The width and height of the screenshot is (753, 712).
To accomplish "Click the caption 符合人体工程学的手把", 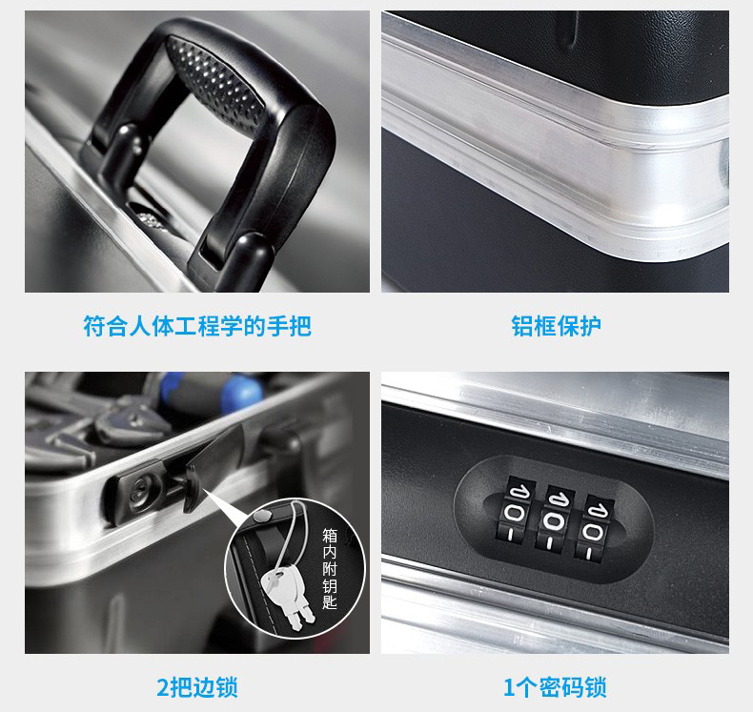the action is point(197,327).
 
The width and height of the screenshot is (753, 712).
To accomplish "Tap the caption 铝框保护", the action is point(556,327).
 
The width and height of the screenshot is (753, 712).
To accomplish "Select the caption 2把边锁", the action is point(197,687).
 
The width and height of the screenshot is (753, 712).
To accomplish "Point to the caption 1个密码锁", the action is point(555,687).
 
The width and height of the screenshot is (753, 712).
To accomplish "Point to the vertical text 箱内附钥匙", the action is point(330,569).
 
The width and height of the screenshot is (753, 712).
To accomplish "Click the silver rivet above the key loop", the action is point(261,516).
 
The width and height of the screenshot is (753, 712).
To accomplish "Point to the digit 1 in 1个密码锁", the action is point(509,687).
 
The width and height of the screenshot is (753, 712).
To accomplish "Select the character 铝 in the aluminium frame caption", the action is point(521,327).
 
